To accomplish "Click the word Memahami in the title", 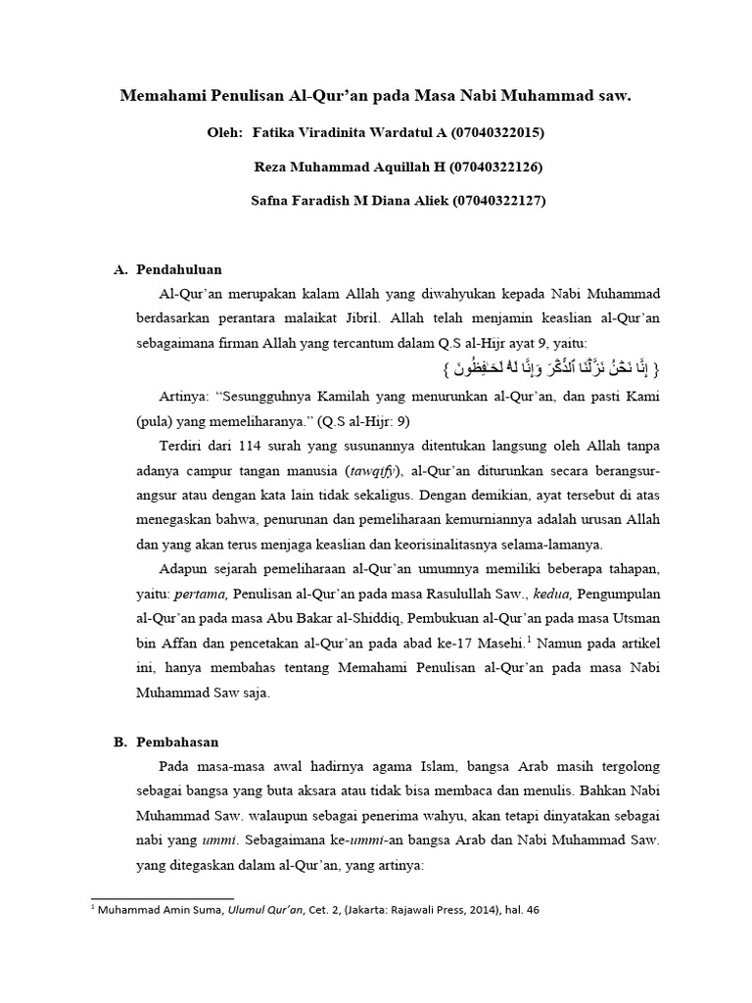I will click(161, 98).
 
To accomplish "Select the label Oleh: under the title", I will click(226, 131).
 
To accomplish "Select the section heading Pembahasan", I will click(176, 741).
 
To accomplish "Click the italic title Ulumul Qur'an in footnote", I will click(258, 909).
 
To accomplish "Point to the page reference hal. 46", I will click(517, 909).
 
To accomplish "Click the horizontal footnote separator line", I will click(162, 897).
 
